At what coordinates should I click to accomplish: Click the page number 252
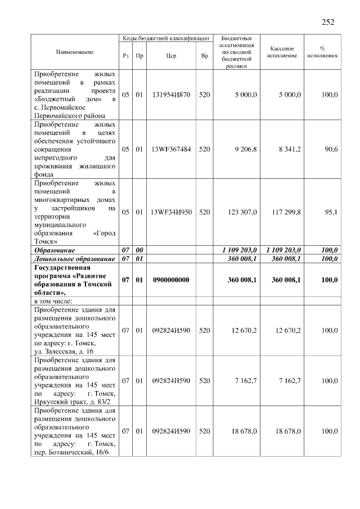(328, 22)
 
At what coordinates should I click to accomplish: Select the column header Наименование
(74, 52)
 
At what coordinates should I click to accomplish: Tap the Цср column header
(171, 56)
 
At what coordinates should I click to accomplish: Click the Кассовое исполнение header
(283, 52)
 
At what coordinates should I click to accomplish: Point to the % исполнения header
(322, 52)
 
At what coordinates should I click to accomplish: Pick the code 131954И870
(171, 95)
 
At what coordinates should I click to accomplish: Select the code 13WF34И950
(171, 212)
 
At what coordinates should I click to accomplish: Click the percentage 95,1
(330, 212)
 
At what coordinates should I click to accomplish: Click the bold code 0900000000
(171, 280)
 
